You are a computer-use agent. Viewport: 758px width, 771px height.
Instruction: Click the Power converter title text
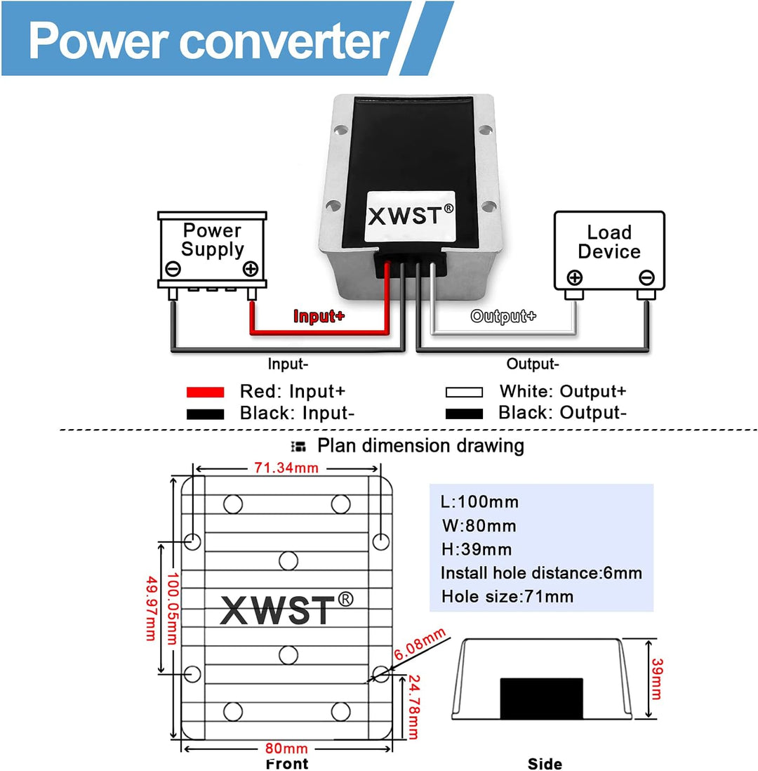[x=208, y=40]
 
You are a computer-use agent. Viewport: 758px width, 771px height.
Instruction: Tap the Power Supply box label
[x=212, y=240]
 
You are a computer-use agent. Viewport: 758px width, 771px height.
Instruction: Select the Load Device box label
[x=609, y=242]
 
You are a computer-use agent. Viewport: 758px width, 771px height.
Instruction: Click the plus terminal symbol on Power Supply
[x=250, y=269]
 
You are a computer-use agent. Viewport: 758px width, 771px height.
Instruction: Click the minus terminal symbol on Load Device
[x=646, y=277]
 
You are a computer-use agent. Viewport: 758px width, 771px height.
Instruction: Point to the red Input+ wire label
[x=319, y=316]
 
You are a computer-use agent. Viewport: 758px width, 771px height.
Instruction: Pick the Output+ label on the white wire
[x=503, y=316]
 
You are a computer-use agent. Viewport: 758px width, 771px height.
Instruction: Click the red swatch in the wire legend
[x=205, y=392]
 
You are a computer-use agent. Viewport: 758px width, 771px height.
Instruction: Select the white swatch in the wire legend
[x=464, y=392]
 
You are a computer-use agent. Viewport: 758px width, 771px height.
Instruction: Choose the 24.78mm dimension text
[x=413, y=708]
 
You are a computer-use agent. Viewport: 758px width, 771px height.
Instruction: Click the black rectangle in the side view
[x=541, y=698]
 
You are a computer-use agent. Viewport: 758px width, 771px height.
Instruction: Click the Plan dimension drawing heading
[x=420, y=445]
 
